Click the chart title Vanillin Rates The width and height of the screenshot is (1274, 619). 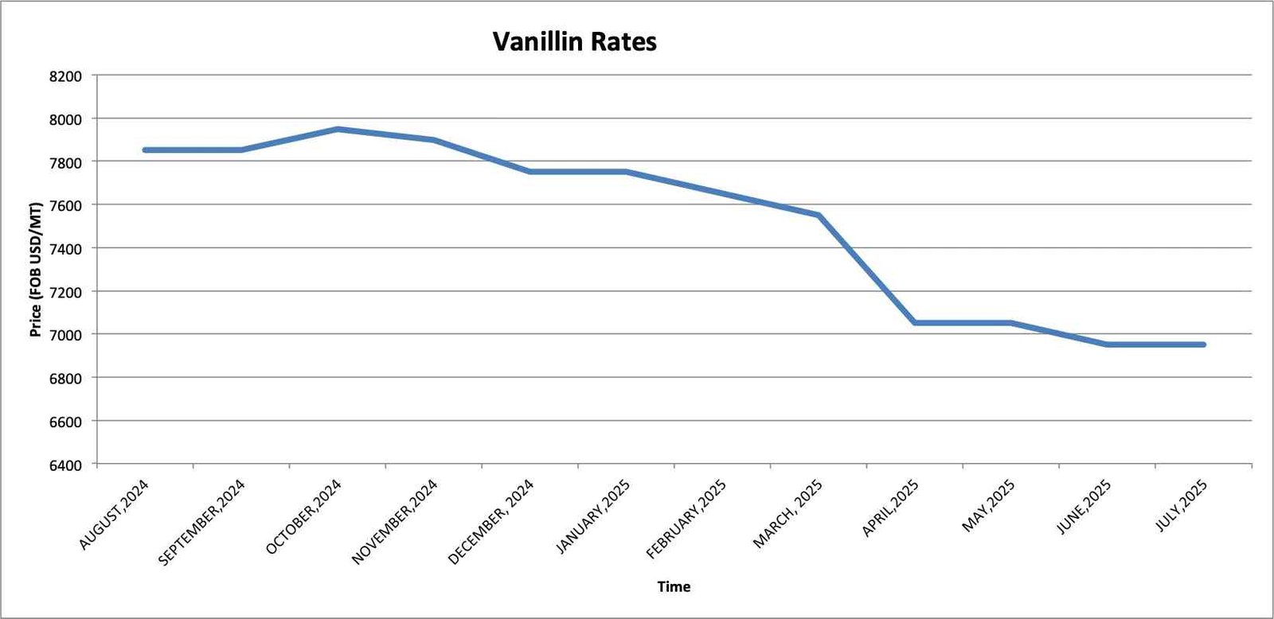click(574, 41)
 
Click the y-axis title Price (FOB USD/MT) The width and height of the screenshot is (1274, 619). click(36, 270)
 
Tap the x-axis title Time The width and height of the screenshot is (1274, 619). click(674, 586)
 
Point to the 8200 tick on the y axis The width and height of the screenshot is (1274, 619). click(65, 76)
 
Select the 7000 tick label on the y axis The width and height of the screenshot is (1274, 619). click(65, 335)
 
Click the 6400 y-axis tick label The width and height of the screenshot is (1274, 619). click(65, 465)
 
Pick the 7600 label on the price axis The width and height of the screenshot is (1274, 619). click(65, 205)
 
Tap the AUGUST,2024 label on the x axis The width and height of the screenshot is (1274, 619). click(114, 515)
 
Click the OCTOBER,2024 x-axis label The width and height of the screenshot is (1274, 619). click(303, 516)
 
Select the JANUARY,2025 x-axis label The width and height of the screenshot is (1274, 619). click(593, 516)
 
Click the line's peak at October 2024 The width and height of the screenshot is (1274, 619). click(338, 129)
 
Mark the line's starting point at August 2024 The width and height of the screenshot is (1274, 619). click(145, 150)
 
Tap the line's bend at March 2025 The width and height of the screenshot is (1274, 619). click(819, 215)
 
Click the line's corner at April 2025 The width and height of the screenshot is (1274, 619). click(915, 322)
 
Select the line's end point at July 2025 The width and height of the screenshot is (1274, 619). click(1203, 345)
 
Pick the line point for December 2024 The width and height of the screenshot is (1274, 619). click(530, 171)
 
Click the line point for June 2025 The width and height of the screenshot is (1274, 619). click(1108, 345)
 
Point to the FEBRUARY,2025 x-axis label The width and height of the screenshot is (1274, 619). click(686, 519)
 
